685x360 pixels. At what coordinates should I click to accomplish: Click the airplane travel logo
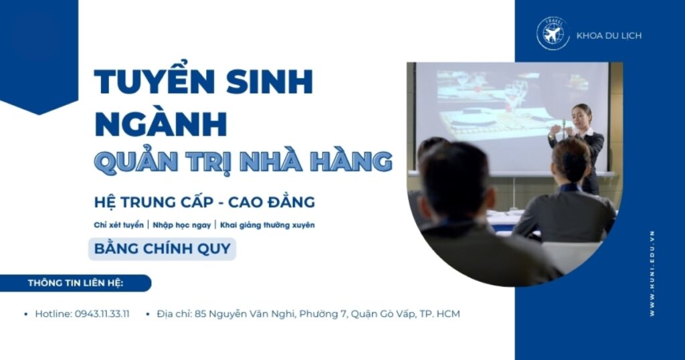[x=553, y=33]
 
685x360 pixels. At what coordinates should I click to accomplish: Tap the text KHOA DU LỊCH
[x=609, y=36]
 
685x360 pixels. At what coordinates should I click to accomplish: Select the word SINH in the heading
[x=270, y=82]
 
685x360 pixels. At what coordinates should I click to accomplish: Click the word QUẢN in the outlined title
[x=136, y=161]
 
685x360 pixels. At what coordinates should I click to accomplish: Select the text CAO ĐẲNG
[x=272, y=202]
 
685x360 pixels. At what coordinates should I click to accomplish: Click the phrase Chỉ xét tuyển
[x=119, y=225]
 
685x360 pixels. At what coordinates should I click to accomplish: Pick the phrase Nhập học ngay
[x=182, y=226]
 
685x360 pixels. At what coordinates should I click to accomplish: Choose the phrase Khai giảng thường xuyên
[x=268, y=226]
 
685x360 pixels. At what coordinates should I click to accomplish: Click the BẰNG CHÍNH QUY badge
[x=162, y=249]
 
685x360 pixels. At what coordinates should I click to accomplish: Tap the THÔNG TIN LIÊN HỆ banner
[x=76, y=283]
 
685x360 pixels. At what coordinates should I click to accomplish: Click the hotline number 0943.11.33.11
[x=102, y=314]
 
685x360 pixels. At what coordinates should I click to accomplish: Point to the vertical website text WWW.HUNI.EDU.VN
[x=652, y=274]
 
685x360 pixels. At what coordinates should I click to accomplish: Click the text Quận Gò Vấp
[x=383, y=314]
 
